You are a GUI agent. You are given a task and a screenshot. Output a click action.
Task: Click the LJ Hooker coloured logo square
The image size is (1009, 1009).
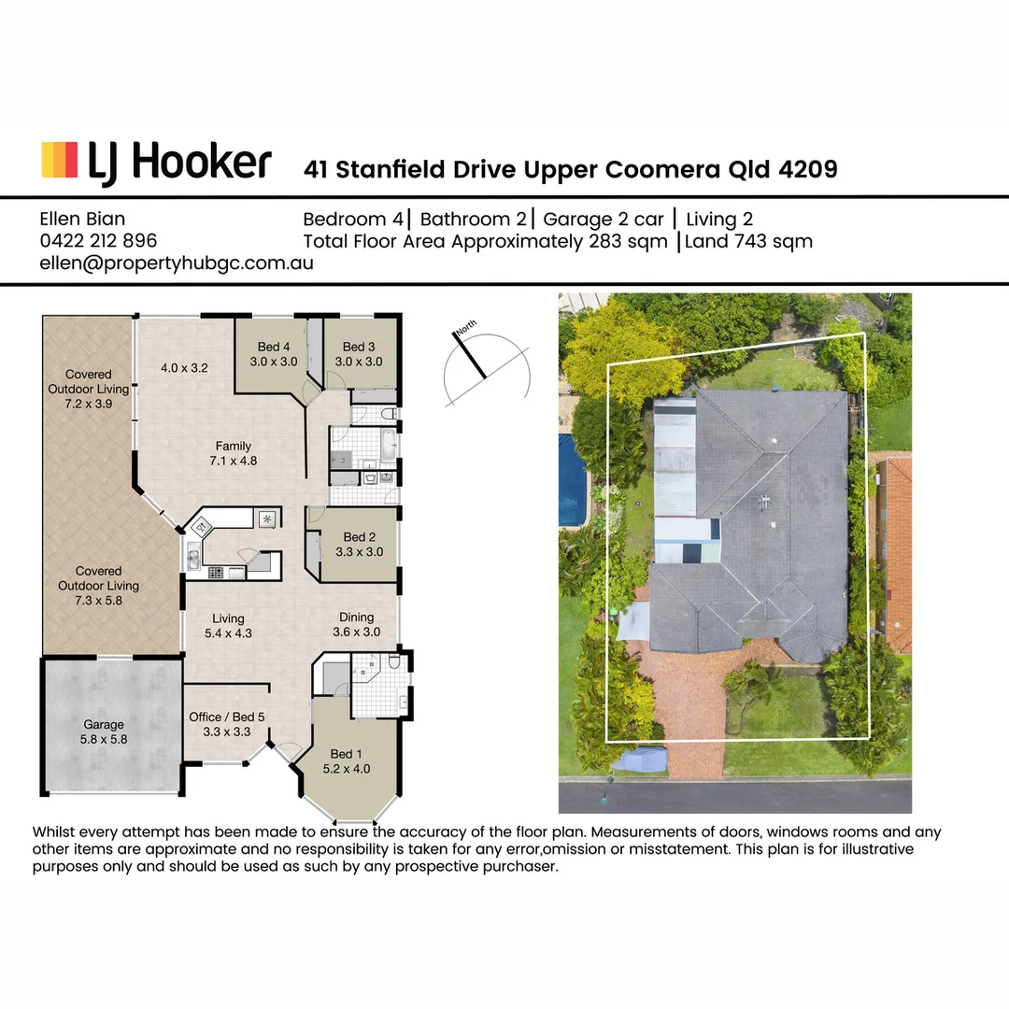[x=59, y=160]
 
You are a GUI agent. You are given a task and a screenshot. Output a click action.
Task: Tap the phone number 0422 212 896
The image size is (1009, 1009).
[x=98, y=241]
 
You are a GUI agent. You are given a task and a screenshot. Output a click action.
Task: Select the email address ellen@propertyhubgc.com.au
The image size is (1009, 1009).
[x=176, y=263]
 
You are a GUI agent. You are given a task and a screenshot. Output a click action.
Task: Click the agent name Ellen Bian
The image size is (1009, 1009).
[x=82, y=220]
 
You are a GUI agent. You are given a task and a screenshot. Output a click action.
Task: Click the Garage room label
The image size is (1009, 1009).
[x=104, y=724]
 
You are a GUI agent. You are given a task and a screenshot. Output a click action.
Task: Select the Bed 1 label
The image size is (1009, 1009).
[x=342, y=754]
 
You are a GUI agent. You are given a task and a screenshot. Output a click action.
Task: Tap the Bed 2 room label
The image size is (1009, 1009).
[x=360, y=537]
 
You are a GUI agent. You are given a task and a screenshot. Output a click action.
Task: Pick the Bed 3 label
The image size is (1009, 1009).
[x=359, y=348]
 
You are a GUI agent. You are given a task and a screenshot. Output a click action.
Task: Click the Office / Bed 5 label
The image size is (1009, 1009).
[x=227, y=717]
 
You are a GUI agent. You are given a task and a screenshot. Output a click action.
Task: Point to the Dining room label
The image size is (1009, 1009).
[x=356, y=617]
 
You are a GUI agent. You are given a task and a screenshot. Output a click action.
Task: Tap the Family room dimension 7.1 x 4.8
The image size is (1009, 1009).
[x=233, y=461]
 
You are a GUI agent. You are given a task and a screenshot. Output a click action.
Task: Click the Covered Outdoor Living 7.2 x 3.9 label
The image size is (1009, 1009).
[x=88, y=390]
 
